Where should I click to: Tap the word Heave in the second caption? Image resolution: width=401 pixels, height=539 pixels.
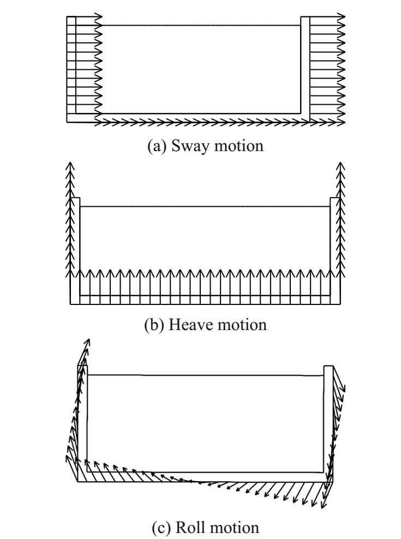pyautogui.click(x=195, y=326)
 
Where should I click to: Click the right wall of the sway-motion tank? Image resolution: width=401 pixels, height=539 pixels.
pyautogui.click(x=306, y=65)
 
